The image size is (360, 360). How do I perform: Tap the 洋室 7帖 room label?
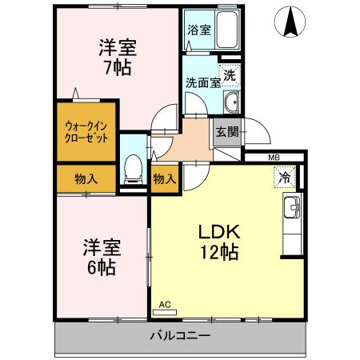click(x=117, y=57)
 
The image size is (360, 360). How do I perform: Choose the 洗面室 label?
click(x=198, y=81)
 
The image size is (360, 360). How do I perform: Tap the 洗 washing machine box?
click(x=229, y=76)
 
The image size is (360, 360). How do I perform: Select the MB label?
click(x=274, y=158)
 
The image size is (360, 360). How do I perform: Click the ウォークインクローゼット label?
click(x=86, y=131)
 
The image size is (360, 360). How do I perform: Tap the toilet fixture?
click(x=134, y=169)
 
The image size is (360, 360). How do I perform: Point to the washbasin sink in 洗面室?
click(x=231, y=102)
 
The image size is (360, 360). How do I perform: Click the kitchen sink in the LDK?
click(x=291, y=210)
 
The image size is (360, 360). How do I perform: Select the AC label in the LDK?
click(x=165, y=305)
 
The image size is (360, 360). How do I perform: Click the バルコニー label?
click(x=180, y=336)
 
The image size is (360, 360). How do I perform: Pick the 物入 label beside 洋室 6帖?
click(x=86, y=178)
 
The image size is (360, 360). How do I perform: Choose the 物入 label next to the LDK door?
click(x=164, y=178)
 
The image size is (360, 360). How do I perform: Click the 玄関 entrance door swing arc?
click(x=254, y=132)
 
